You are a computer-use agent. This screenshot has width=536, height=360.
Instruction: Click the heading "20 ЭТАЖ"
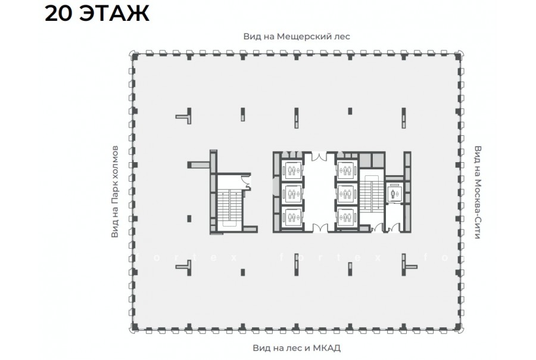pos(97,14)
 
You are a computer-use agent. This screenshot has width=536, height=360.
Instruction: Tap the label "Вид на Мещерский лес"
pos(297,36)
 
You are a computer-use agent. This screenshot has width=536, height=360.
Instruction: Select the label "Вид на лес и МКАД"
pos(297,348)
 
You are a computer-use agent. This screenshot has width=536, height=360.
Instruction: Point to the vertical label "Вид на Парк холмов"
pos(114,192)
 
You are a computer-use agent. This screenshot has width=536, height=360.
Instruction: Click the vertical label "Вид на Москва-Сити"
pos(478,193)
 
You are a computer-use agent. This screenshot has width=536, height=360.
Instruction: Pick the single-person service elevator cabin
pos(395,194)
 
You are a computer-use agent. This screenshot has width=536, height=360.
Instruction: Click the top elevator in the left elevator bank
pos(292,170)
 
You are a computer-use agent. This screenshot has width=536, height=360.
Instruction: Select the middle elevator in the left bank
pos(292,194)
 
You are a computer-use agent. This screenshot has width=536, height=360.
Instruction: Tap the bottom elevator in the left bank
pos(292,217)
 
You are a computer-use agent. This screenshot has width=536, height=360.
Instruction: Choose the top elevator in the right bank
pos(347,170)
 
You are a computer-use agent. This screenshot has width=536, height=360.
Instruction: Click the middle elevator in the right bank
pos(347,194)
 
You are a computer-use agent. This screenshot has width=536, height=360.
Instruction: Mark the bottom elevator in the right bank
pos(347,217)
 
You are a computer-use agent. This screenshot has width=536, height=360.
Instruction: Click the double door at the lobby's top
pos(319,156)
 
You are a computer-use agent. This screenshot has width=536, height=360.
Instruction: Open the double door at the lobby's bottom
pos(319,228)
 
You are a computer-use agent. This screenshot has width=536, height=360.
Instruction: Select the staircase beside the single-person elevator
pos(372,193)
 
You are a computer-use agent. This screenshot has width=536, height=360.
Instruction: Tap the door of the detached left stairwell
pos(246,181)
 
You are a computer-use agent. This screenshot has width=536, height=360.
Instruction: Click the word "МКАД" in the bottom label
pos(327,348)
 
